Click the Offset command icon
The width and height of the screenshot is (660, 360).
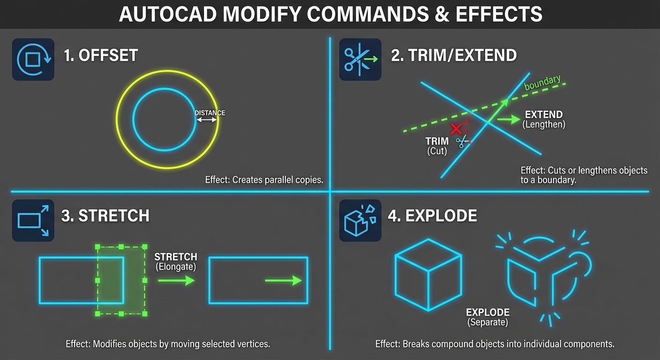pyautogui.click(x=33, y=60)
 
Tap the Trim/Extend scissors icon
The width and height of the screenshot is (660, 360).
pyautogui.click(x=360, y=60)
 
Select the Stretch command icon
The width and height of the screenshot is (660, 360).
pyautogui.click(x=33, y=220)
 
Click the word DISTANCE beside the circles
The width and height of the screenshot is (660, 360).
pyautogui.click(x=210, y=113)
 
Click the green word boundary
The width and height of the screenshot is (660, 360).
pyautogui.click(x=542, y=83)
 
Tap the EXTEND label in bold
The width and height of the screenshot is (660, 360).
pyautogui.click(x=544, y=115)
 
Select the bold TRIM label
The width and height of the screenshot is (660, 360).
pyautogui.click(x=437, y=141)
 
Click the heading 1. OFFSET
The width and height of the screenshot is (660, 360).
pyautogui.click(x=101, y=55)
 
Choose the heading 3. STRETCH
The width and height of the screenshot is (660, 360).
pyautogui.click(x=105, y=216)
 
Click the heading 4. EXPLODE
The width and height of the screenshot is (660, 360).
pyautogui.click(x=432, y=216)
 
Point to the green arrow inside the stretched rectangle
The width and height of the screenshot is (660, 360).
pyautogui.click(x=283, y=280)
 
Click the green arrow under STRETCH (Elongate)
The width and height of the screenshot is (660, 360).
pyautogui.click(x=176, y=280)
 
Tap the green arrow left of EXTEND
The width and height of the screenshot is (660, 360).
pyautogui.click(x=508, y=120)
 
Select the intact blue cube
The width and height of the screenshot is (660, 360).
pyautogui.click(x=428, y=274)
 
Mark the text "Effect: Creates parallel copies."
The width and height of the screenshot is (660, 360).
pyautogui.click(x=264, y=180)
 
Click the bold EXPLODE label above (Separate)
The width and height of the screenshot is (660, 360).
pyautogui.click(x=487, y=313)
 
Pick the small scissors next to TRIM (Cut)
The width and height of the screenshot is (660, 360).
pyautogui.click(x=463, y=141)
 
